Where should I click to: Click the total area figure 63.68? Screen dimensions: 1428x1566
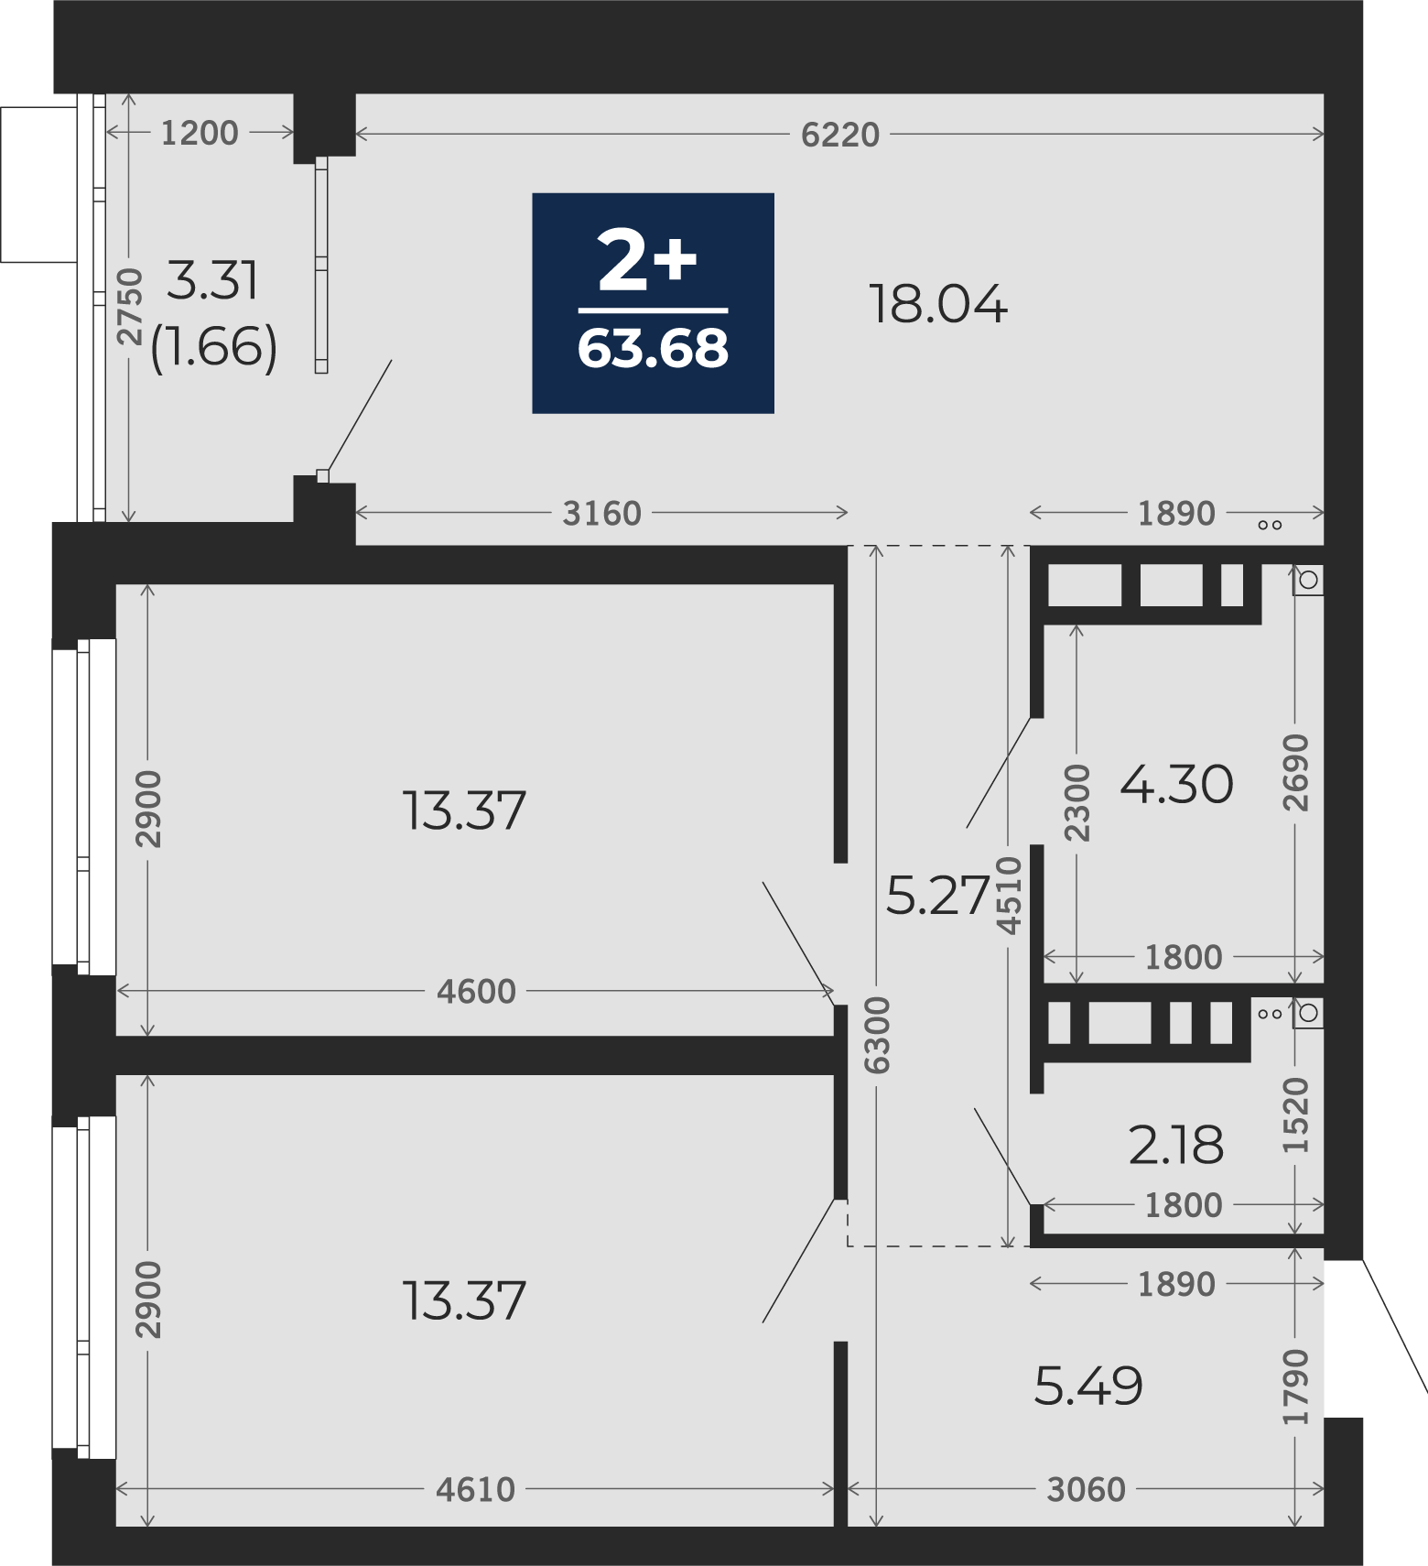coord(653,349)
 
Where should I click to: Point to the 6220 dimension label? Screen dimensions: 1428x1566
coord(839,135)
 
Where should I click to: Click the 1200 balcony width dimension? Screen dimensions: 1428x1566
coord(200,134)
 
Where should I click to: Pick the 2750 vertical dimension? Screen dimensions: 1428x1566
coord(131,307)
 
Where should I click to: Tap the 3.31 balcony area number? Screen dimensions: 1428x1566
coord(213,280)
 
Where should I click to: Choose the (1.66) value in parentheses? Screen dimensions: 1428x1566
coord(213,348)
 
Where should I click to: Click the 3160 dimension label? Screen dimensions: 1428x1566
coord(601,514)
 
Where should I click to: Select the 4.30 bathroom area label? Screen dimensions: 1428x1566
coord(1176,785)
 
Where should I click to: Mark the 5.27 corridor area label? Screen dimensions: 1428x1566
coord(939,895)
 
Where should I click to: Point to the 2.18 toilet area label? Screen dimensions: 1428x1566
coord(1176,1145)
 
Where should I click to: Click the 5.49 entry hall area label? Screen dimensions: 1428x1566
coord(1088,1386)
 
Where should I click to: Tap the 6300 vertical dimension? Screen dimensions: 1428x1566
coord(877,1035)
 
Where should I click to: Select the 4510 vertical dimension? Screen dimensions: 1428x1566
coord(1009,895)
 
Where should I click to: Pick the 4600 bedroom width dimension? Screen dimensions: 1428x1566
coord(476,991)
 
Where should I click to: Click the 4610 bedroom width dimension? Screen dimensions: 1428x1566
coord(476,1490)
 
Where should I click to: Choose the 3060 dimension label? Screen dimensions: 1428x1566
coord(1086,1490)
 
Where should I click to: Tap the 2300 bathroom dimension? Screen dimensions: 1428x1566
coord(1077,802)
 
